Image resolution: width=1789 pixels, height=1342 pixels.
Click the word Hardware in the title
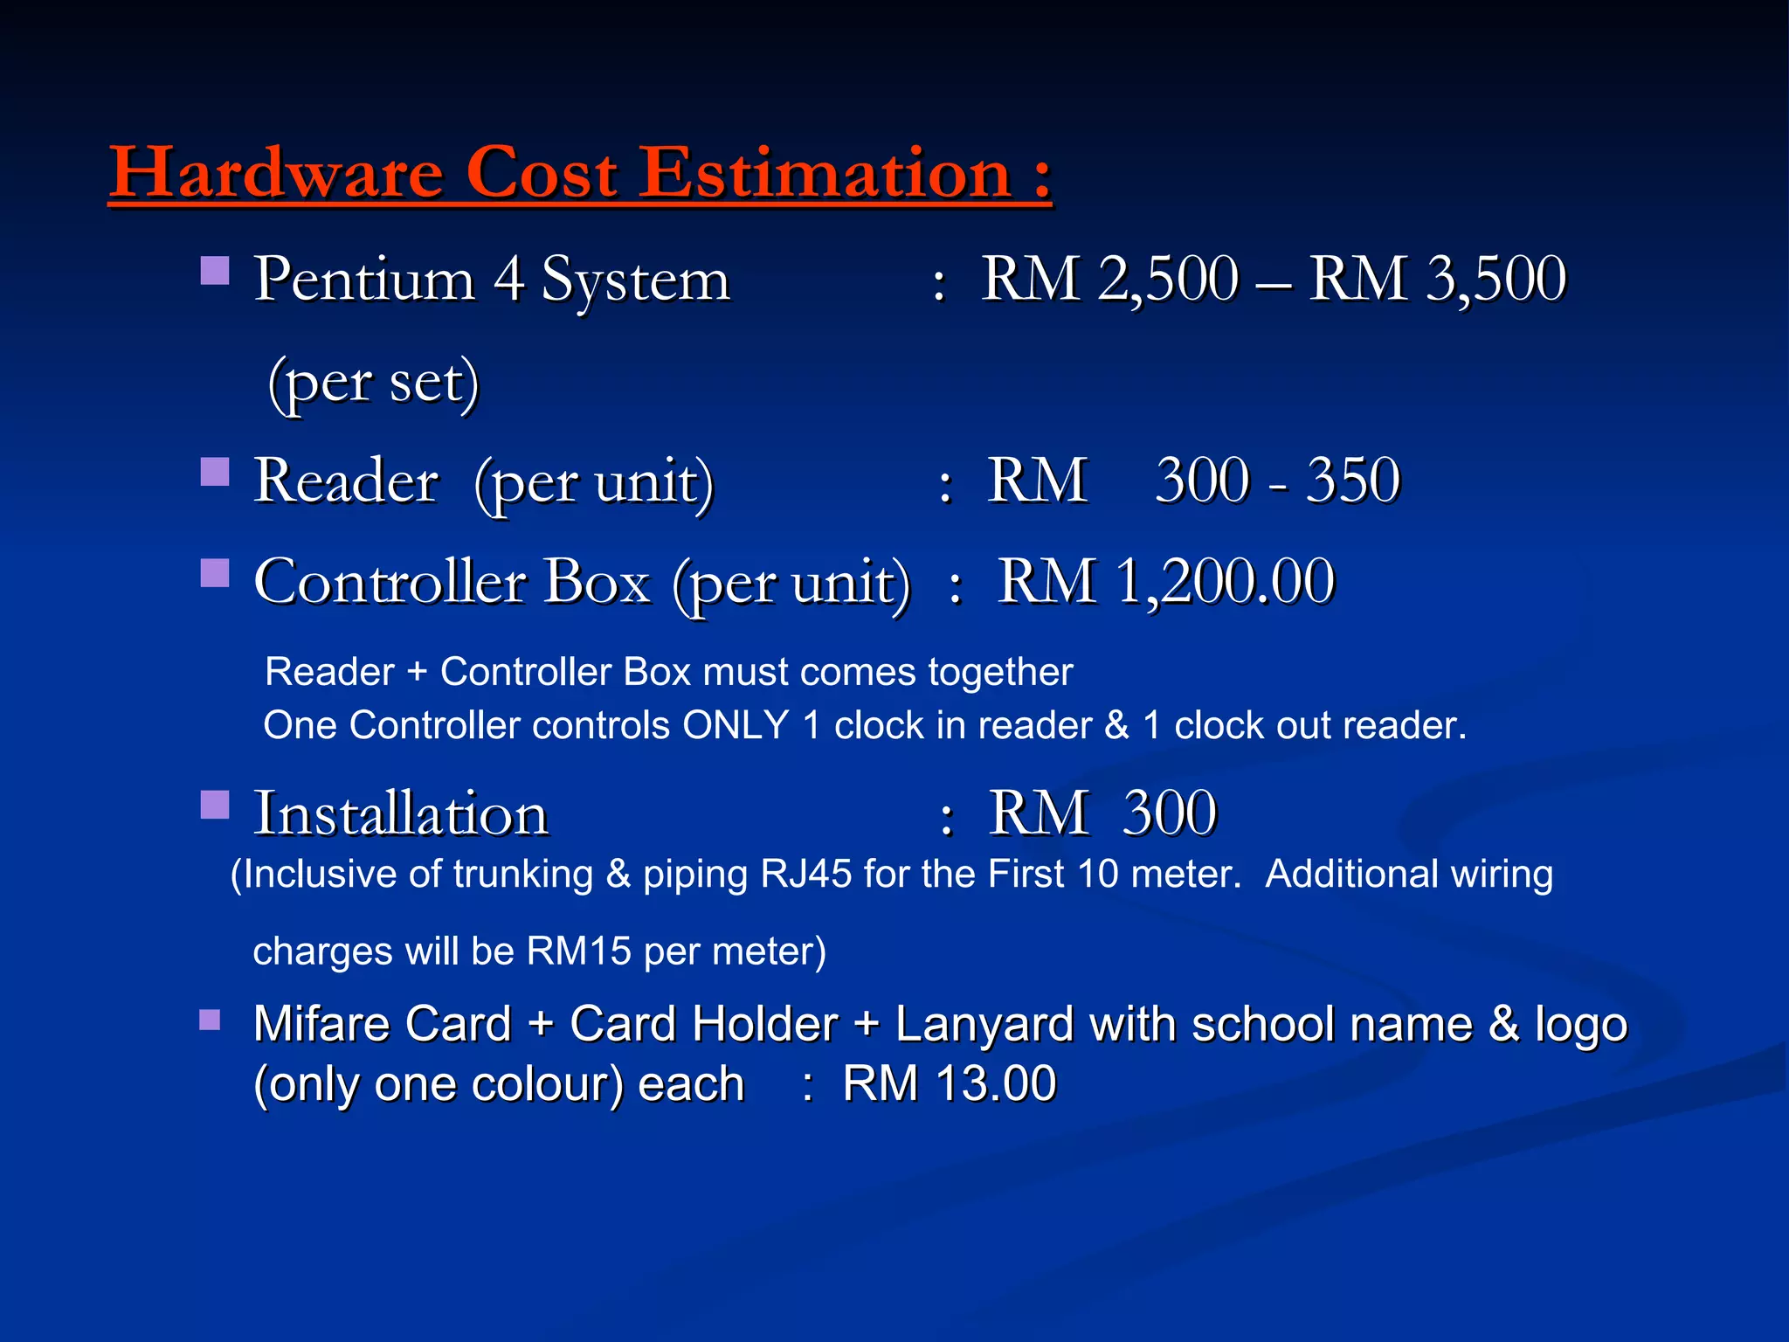click(276, 173)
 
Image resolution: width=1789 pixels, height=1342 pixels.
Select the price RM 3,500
click(1437, 280)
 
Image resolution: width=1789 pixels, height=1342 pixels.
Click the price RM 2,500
click(1109, 280)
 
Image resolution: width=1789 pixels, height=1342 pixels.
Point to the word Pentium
click(364, 280)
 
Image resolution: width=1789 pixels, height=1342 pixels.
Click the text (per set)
click(374, 383)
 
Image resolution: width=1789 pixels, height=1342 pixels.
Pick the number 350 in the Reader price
click(1353, 481)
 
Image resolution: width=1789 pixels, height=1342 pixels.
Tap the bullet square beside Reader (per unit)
click(215, 472)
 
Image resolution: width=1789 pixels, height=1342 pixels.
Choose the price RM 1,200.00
click(1166, 582)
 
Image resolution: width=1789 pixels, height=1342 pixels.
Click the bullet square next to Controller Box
click(215, 573)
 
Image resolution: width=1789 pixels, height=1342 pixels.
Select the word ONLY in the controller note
click(736, 725)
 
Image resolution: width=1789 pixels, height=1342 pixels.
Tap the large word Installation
click(401, 813)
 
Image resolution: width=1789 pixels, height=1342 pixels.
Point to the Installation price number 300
click(1169, 813)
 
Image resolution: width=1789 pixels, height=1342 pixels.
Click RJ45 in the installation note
click(805, 875)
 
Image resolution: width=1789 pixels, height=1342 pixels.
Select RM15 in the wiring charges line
click(579, 951)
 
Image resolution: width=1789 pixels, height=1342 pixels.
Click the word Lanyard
click(984, 1024)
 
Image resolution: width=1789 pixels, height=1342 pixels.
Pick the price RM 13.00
click(950, 1084)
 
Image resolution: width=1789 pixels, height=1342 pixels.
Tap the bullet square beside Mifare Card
click(210, 1020)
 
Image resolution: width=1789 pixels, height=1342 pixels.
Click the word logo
click(1581, 1024)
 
